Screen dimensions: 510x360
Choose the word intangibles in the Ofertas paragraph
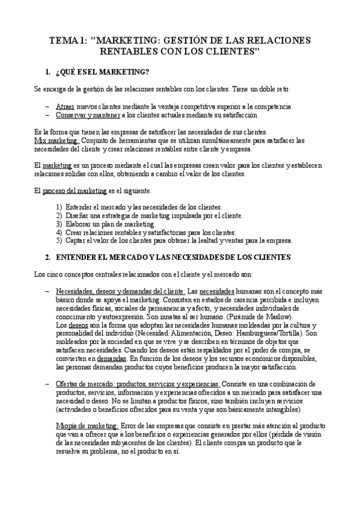click(x=284, y=409)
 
